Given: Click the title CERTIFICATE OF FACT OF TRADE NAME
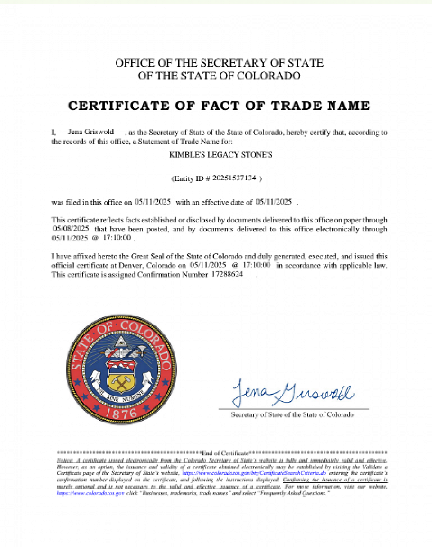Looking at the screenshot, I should click(x=219, y=106).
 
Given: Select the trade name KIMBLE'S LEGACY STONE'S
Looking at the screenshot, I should click(x=220, y=155).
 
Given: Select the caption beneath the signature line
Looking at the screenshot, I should click(x=292, y=414).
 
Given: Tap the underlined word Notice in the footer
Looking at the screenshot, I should click(x=64, y=461).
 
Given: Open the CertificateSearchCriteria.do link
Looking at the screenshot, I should click(x=253, y=473).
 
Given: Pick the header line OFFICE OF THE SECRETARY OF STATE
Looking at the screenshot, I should click(x=219, y=63).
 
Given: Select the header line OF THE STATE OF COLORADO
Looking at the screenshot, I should click(x=219, y=76).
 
